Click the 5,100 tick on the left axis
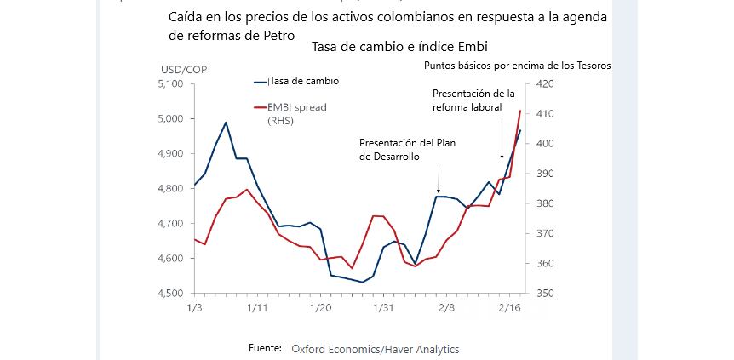coord(171,84)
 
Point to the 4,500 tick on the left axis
coord(171,294)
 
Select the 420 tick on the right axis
coord(544,84)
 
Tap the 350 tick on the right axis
coord(544,294)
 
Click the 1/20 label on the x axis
coord(320,307)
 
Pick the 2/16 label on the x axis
coord(509,307)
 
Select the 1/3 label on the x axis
coord(194,307)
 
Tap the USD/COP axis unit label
coord(183,69)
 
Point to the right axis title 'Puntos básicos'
coord(516,65)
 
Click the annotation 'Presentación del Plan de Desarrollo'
coord(407,150)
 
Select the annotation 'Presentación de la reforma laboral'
coord(474,99)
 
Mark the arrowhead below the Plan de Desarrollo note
coord(439,191)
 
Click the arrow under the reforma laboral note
coord(501,156)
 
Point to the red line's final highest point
coord(520,110)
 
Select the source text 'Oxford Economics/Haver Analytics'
coord(375,349)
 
